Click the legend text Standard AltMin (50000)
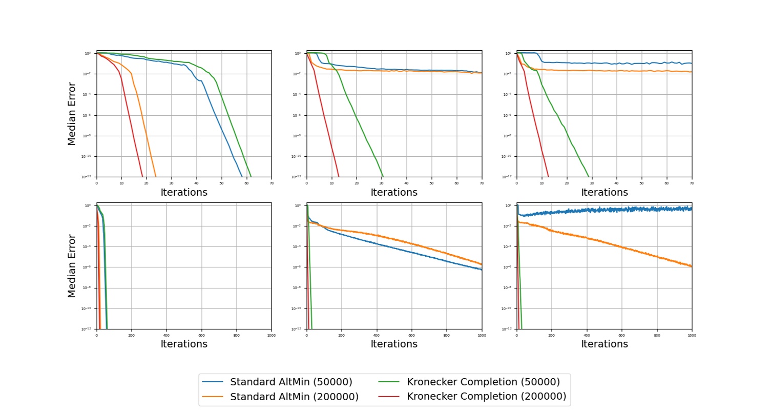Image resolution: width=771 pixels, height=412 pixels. [x=291, y=382]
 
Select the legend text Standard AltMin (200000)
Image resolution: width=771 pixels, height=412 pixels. [x=294, y=397]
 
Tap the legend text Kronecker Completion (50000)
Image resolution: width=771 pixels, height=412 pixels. [x=483, y=382]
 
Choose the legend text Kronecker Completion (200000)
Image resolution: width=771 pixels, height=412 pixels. [x=486, y=397]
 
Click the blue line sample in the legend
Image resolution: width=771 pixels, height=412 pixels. [x=213, y=382]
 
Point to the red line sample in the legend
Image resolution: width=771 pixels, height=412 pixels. [x=389, y=397]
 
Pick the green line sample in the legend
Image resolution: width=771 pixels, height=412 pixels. [x=389, y=382]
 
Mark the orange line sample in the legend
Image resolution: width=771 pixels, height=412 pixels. [x=213, y=397]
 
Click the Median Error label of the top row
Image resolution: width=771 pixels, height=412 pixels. [x=72, y=114]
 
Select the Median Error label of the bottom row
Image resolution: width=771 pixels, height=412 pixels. [x=72, y=266]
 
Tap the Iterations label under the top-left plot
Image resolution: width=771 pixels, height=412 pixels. [x=184, y=193]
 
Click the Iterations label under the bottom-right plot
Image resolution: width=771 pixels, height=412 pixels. [x=604, y=344]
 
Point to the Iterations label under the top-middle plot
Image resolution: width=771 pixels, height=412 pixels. [x=394, y=193]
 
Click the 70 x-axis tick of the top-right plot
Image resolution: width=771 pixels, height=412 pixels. [x=692, y=182]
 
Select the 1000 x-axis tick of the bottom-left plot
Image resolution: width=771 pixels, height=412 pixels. [x=271, y=335]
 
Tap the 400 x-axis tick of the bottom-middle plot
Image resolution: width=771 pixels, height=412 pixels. [x=377, y=335]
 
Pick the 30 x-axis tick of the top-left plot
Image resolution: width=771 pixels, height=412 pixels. [x=171, y=182]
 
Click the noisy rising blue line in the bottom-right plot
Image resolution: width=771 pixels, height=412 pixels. [x=615, y=210]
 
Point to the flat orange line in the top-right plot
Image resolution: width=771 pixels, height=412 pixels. [x=615, y=71]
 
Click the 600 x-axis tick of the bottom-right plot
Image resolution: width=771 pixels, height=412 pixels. [x=621, y=335]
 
